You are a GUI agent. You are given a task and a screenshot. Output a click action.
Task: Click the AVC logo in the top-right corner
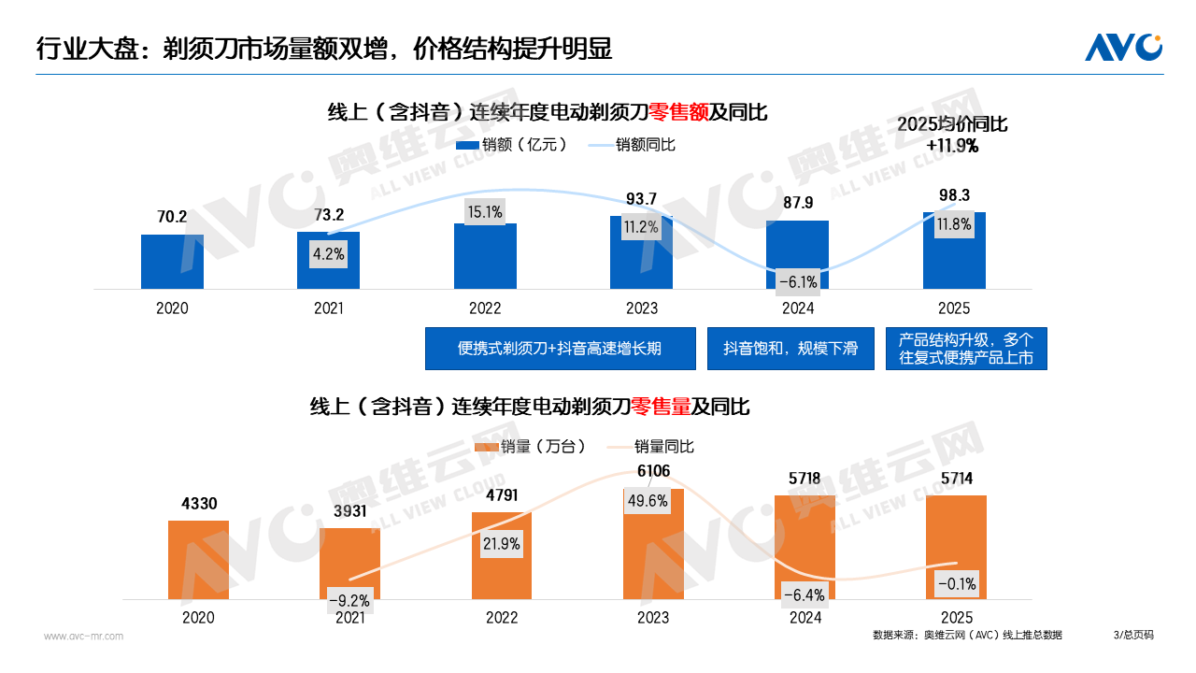tap(1123, 47)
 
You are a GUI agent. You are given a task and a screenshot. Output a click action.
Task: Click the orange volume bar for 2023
tap(653, 551)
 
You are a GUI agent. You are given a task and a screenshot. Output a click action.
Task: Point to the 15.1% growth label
tap(485, 212)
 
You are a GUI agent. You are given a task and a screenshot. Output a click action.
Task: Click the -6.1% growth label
tap(798, 281)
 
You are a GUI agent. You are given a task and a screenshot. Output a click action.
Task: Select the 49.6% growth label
tap(648, 501)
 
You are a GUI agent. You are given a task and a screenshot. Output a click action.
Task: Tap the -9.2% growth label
tap(349, 600)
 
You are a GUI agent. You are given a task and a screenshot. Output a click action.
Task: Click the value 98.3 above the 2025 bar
tap(954, 195)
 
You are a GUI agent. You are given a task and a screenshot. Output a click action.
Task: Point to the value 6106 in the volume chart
tap(653, 471)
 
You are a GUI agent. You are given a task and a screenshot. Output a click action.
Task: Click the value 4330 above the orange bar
tap(197, 504)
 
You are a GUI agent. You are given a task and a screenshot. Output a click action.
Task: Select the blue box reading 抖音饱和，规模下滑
tap(790, 349)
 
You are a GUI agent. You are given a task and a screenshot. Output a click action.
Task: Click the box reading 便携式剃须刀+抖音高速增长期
tap(560, 349)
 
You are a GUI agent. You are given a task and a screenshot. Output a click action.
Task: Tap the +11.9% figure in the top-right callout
tap(952, 146)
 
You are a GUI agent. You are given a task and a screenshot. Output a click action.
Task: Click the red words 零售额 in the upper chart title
tap(678, 112)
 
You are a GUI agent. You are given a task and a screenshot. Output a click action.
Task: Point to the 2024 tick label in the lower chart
tap(804, 618)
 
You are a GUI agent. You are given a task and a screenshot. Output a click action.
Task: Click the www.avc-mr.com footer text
tap(83, 637)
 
